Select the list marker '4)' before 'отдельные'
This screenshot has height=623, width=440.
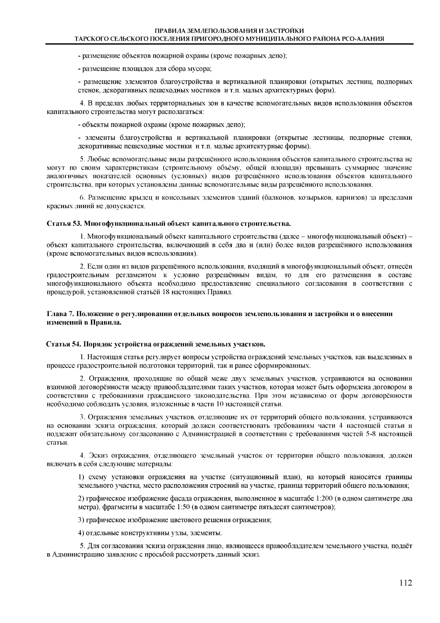tap(81, 533)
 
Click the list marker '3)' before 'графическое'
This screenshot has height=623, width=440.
tap(81, 520)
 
